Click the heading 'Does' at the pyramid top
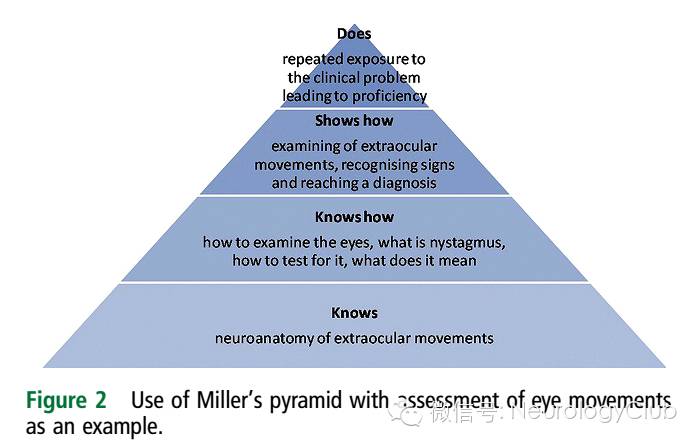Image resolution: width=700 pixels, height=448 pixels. point(354,35)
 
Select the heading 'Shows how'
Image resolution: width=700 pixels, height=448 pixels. point(354,121)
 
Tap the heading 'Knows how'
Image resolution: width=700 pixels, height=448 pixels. point(354,217)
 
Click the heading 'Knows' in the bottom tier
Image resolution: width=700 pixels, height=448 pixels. point(354,313)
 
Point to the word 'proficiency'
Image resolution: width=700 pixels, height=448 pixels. point(386,96)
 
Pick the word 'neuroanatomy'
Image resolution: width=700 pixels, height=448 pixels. point(262,338)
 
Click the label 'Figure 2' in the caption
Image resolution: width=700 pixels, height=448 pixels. point(66,400)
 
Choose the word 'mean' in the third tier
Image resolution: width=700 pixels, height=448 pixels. point(457,261)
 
